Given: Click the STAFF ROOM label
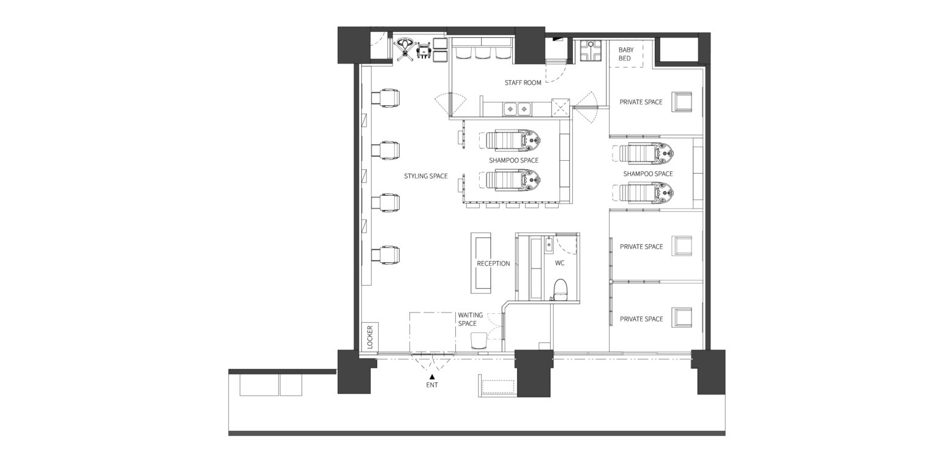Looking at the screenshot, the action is tap(523, 83).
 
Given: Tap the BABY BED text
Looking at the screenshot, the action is tap(625, 54).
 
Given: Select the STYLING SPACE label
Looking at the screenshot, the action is tap(425, 176).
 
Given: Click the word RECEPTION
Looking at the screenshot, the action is tap(493, 264).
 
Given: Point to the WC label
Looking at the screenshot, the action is tap(559, 263).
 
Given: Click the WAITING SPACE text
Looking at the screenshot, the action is tap(470, 319).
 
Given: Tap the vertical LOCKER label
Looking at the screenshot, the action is tap(370, 337).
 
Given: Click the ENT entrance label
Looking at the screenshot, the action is tap(432, 385).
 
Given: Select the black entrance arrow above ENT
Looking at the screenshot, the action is tap(432, 377).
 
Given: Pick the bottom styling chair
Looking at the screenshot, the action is tap(92, 256).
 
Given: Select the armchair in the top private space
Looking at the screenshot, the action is tap(681, 102).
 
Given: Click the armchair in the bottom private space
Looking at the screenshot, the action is tap(681, 317).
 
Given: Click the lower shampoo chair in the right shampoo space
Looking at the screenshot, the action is tap(646, 193).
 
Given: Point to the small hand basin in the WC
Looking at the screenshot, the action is tap(549, 245).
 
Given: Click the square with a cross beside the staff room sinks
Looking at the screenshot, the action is tap(561, 107).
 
